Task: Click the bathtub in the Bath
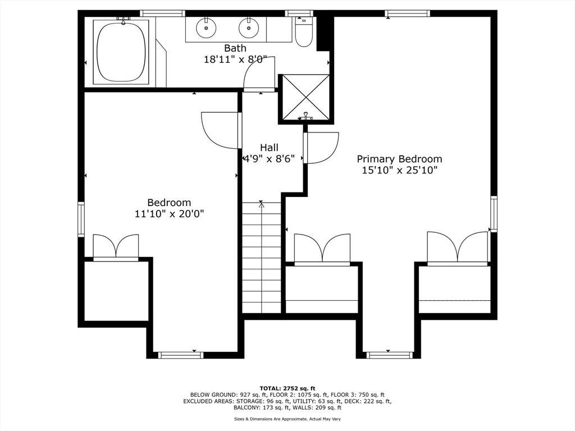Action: pos(121,52)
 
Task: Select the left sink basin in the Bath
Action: pos(206,28)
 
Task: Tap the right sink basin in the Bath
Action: pos(249,28)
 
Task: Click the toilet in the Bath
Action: pos(303,31)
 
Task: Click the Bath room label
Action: pos(235,48)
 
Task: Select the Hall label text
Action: pos(269,148)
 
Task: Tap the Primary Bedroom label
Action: pos(399,159)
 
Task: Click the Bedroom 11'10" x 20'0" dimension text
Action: pos(169,214)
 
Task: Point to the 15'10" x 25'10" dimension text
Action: pos(400,171)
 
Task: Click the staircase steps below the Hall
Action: pos(262,257)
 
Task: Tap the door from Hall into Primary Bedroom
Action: pos(321,148)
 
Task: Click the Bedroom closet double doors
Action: pos(116,247)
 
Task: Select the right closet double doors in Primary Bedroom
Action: pos(457,247)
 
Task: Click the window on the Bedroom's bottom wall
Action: pos(180,355)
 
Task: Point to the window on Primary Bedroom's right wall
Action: pos(494,214)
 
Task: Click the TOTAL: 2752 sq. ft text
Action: pos(287,388)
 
